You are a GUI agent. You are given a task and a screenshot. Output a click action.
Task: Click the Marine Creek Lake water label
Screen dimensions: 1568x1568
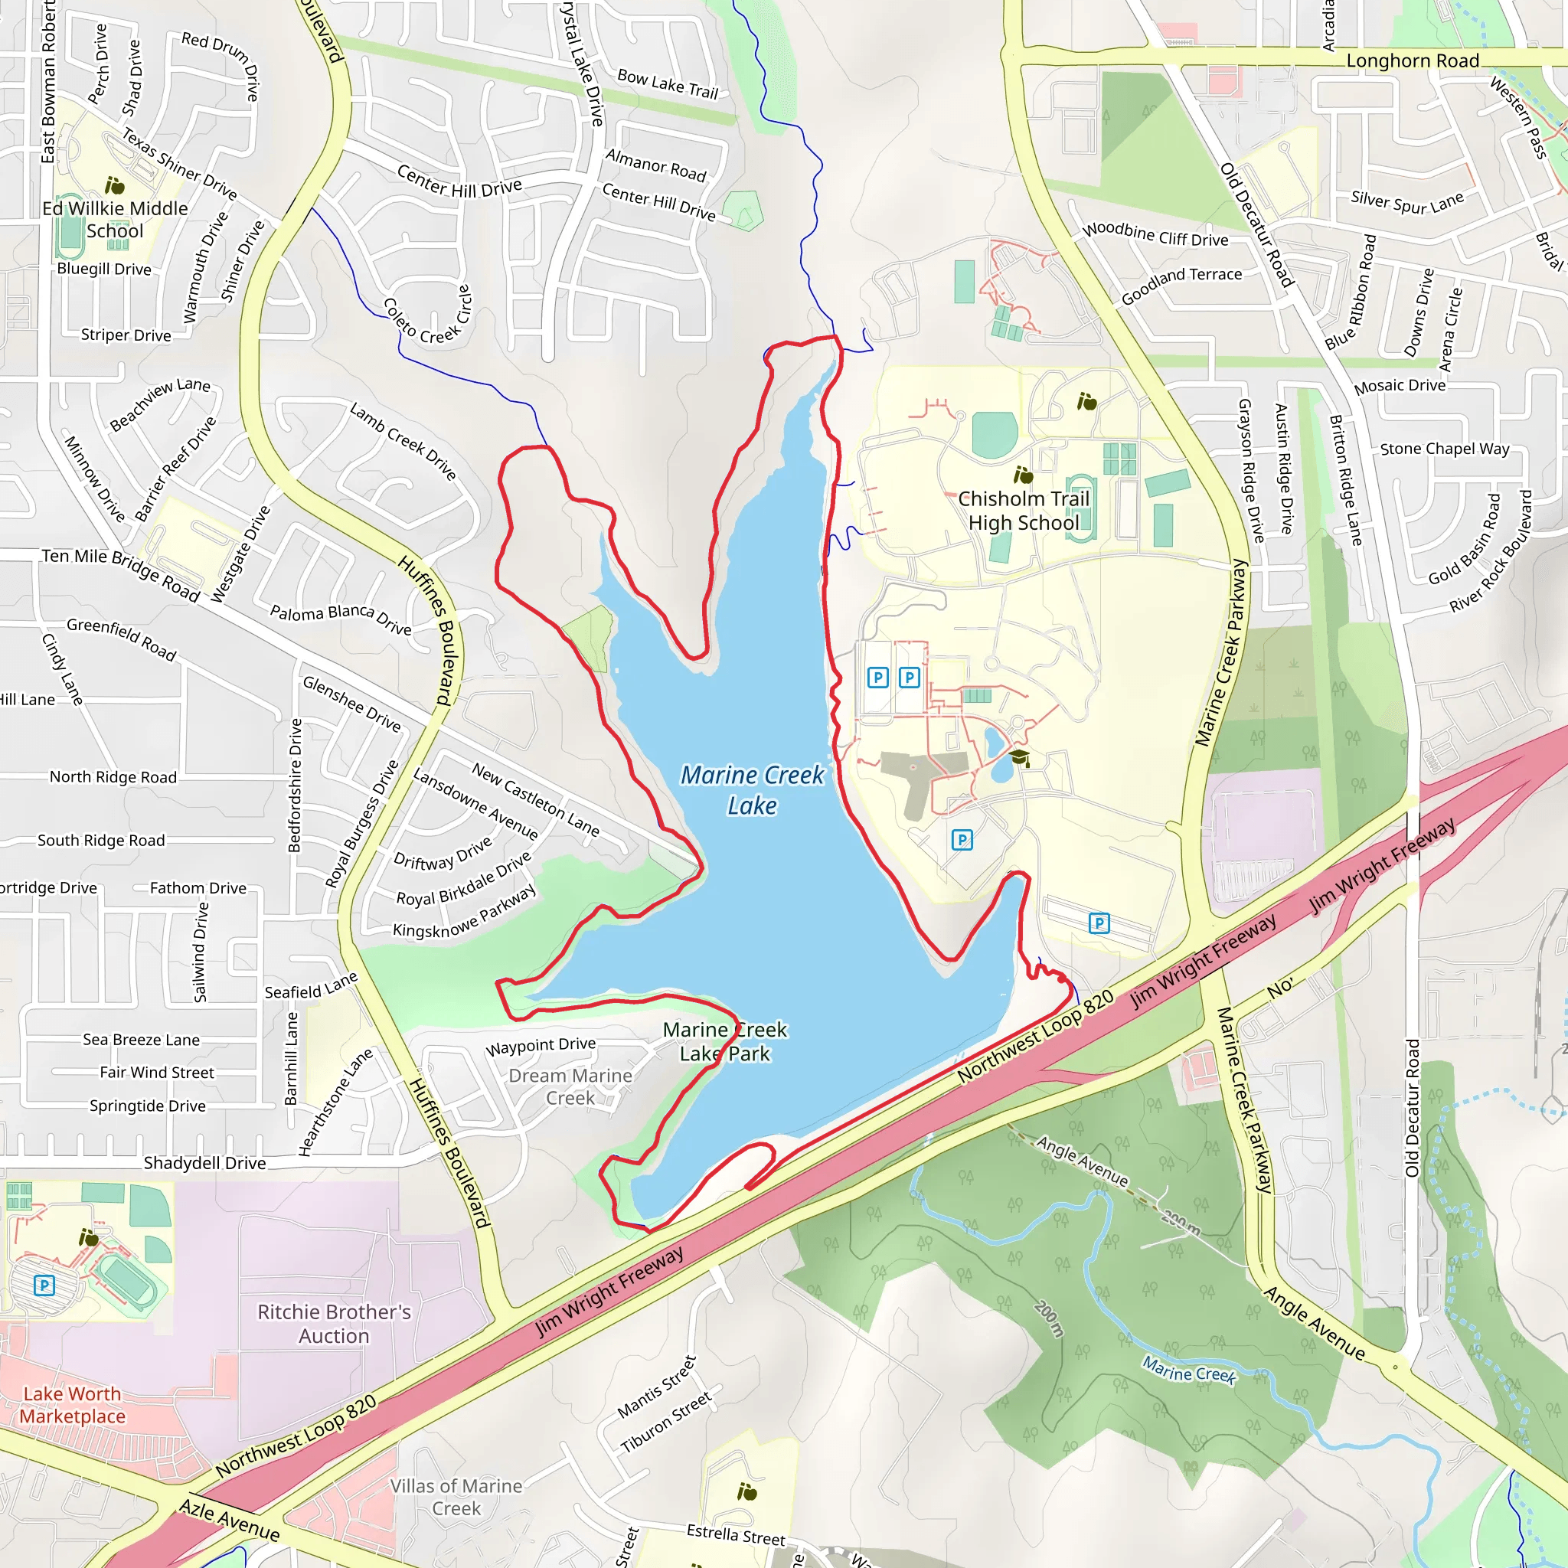(x=752, y=789)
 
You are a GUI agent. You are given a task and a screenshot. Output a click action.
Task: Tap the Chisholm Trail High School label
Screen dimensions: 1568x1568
(x=1024, y=511)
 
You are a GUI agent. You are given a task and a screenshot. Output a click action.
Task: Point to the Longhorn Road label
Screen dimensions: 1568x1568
(x=1412, y=61)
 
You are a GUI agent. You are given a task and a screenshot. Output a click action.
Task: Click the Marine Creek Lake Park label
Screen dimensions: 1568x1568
(x=725, y=1041)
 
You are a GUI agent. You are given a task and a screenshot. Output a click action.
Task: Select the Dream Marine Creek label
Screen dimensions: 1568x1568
(x=570, y=1086)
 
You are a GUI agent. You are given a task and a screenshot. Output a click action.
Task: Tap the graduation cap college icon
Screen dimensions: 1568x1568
(x=1019, y=759)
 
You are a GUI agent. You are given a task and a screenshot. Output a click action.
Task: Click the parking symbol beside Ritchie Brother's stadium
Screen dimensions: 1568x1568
(x=44, y=1285)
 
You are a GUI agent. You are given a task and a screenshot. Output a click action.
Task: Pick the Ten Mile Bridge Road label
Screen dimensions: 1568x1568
(x=121, y=573)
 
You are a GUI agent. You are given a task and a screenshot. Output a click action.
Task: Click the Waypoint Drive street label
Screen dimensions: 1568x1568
(x=541, y=1046)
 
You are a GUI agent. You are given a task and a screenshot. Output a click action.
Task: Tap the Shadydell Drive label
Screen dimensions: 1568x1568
(x=204, y=1163)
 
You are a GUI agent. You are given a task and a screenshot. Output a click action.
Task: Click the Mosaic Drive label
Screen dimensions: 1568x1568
(x=1400, y=387)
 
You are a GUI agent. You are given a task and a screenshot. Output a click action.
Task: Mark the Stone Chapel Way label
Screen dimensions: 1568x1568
(x=1445, y=449)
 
